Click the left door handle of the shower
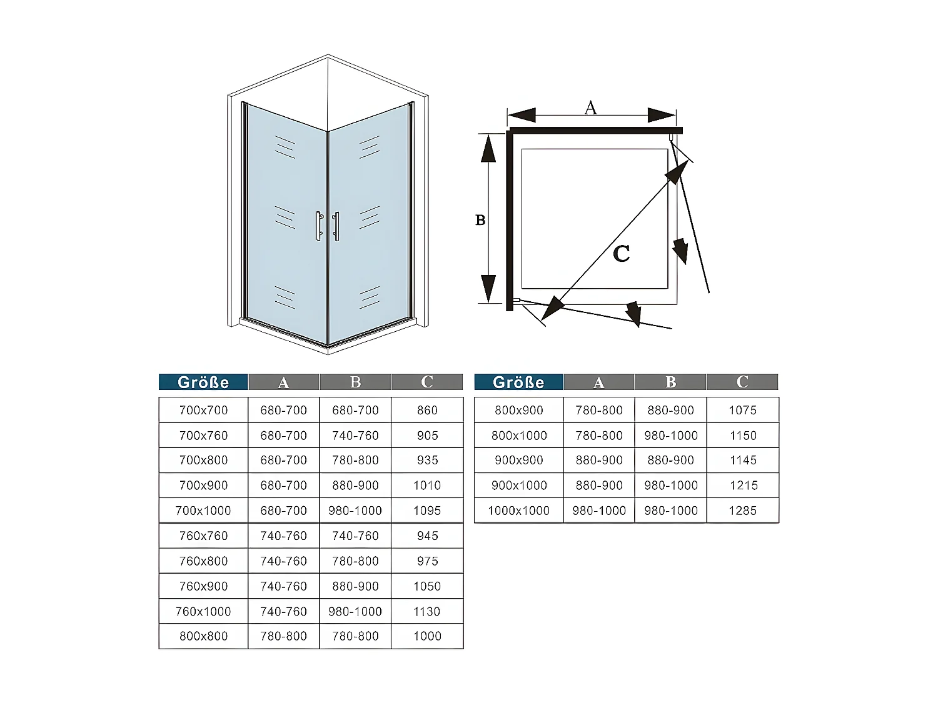click(x=318, y=226)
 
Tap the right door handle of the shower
click(x=336, y=226)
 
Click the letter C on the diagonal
click(x=621, y=253)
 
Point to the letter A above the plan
click(x=590, y=107)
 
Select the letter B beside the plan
click(x=480, y=220)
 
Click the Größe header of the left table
click(x=203, y=382)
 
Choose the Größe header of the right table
click(x=518, y=382)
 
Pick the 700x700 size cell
click(x=203, y=411)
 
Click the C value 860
click(x=427, y=411)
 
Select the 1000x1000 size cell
click(x=518, y=511)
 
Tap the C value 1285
click(x=742, y=511)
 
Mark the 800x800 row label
click(x=203, y=636)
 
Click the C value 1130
click(x=427, y=611)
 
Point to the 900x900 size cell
click(x=518, y=460)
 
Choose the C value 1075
click(x=742, y=411)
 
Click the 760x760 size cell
click(x=203, y=536)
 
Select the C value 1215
click(x=742, y=486)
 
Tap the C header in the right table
click(x=742, y=382)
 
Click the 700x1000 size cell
click(x=203, y=511)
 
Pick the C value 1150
click(x=742, y=436)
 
